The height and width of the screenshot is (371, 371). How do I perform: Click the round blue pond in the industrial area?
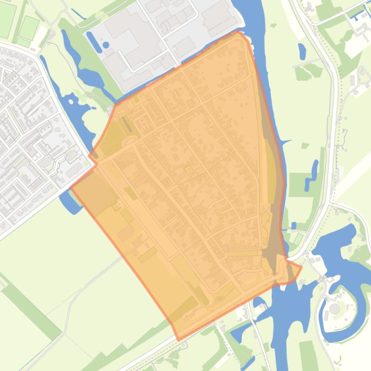[106, 45]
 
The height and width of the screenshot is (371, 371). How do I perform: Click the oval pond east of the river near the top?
[302, 51]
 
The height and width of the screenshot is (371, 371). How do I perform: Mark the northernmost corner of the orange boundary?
[239, 32]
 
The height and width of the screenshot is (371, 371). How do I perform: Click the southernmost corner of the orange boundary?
[179, 340]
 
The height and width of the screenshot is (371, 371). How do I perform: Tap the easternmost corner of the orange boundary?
[301, 267]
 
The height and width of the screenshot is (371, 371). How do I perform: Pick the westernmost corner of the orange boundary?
[71, 187]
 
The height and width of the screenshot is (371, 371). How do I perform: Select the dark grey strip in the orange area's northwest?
[126, 125]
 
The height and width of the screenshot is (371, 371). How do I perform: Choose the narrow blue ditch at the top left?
[78, 14]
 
